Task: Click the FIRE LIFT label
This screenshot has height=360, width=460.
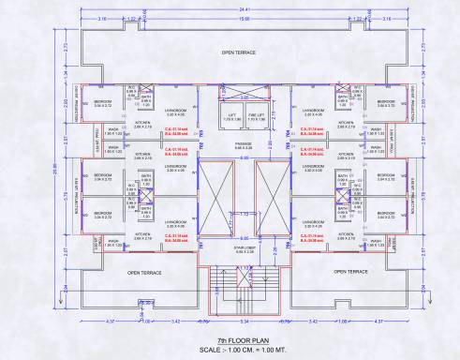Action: pos(257,116)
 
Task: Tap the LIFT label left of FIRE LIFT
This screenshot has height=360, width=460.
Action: pos(230,116)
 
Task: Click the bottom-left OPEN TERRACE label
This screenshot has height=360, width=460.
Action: pos(144,272)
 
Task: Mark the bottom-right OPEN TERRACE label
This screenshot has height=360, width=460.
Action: pos(349,272)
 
